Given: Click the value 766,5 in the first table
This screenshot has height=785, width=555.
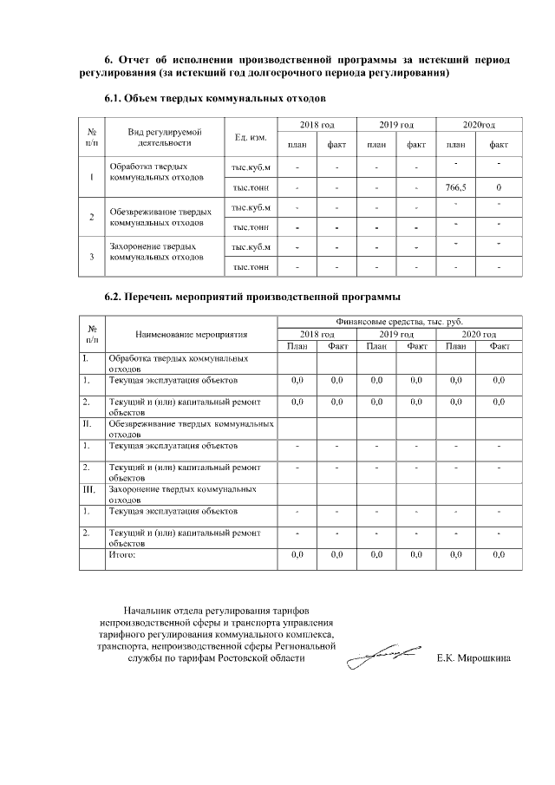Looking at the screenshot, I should (455, 187).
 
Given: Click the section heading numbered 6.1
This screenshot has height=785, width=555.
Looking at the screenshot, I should (214, 99).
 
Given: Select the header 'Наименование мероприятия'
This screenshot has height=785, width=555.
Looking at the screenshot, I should (191, 334).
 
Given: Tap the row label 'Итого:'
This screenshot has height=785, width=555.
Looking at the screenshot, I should (122, 553).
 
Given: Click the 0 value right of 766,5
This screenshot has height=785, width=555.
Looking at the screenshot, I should (499, 187).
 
